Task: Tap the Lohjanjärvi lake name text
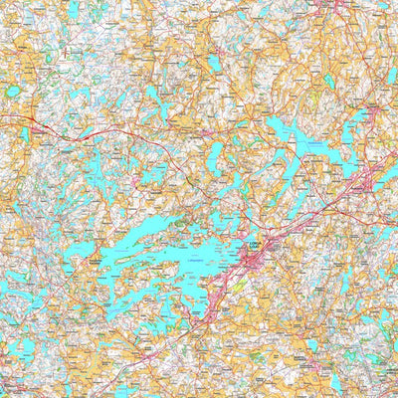coord(189,261)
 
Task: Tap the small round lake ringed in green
coord(13,91)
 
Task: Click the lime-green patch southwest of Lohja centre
coord(227,289)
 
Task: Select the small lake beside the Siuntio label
coord(311,345)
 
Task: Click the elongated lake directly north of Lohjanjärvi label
coord(216,154)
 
